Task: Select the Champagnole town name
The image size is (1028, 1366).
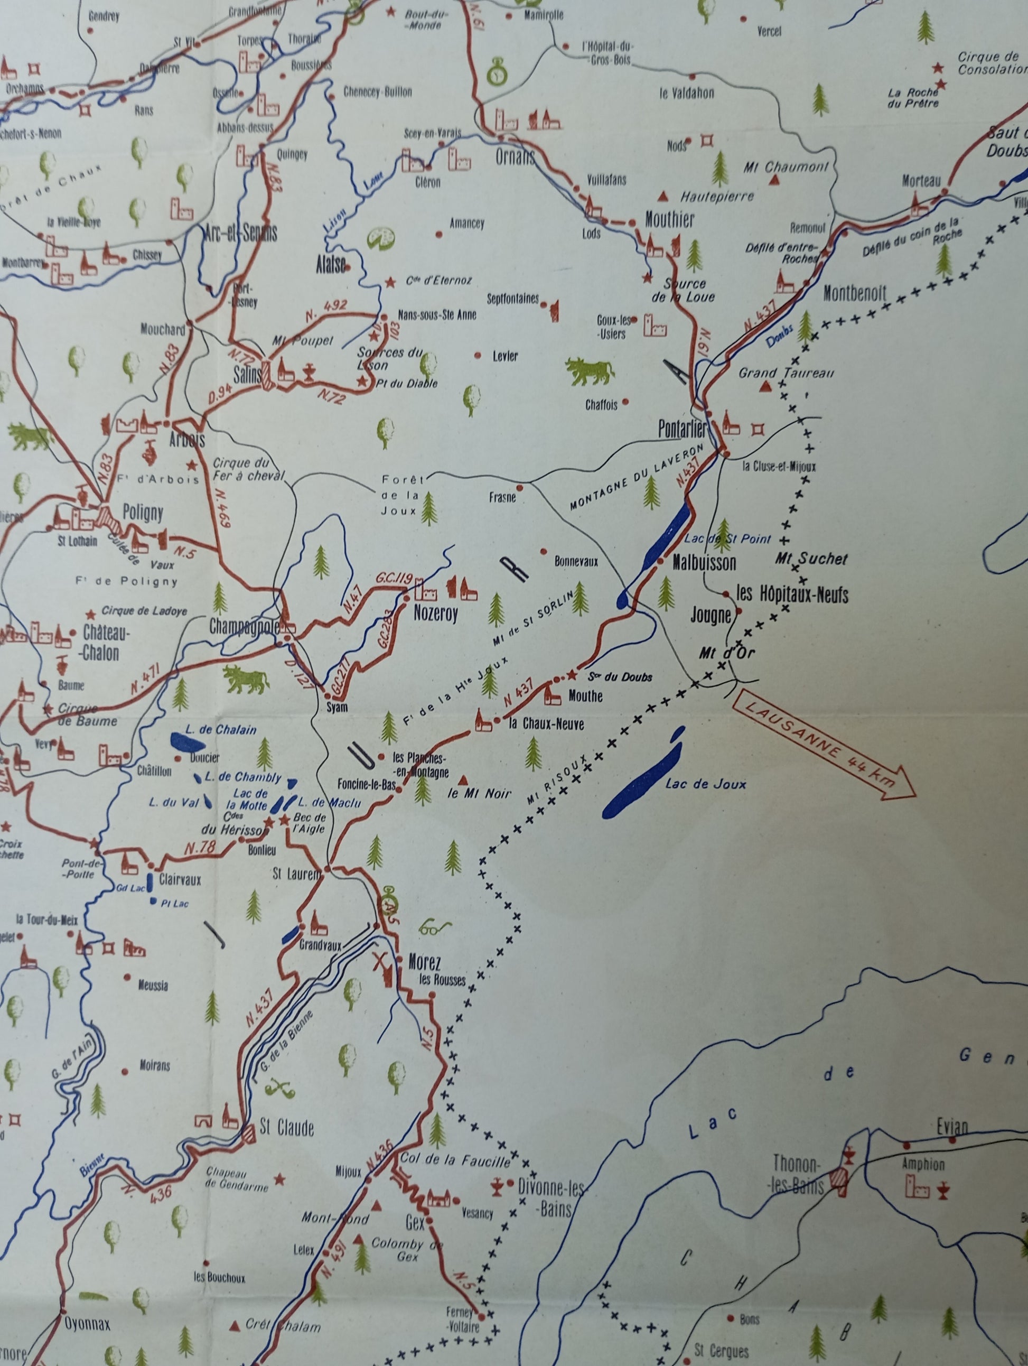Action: [245, 627]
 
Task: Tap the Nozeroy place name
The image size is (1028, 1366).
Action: [435, 615]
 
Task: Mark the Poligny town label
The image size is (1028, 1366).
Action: [143, 513]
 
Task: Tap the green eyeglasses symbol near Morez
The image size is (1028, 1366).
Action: [435, 927]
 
